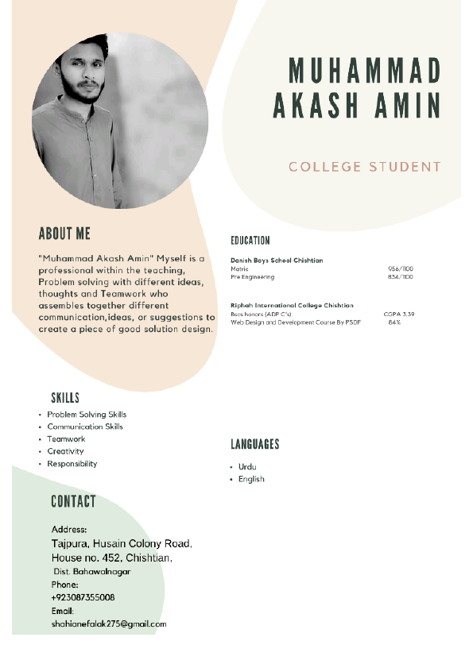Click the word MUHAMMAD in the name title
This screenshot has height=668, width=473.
point(364,71)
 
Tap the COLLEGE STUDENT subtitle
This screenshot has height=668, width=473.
point(364,167)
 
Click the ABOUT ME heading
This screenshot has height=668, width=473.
point(64,234)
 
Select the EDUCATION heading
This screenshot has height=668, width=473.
point(250,241)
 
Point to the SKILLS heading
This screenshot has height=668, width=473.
point(65,398)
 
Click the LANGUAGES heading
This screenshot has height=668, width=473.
point(255,445)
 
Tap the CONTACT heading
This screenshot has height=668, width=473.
point(73,501)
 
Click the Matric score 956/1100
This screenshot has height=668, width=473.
point(401,269)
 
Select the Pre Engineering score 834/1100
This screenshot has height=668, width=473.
point(401,277)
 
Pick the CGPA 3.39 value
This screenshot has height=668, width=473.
point(399,315)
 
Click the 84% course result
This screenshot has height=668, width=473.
point(394,322)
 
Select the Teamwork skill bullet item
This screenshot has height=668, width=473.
point(66,439)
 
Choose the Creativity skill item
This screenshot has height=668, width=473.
point(65,451)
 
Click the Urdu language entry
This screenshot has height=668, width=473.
point(247,467)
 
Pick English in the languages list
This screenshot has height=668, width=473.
point(251,479)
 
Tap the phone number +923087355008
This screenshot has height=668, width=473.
point(83,597)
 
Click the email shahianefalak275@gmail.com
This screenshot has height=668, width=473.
point(109,624)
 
